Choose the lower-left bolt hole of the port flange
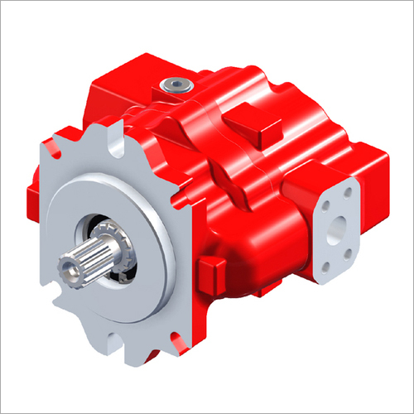[x=327, y=267]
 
